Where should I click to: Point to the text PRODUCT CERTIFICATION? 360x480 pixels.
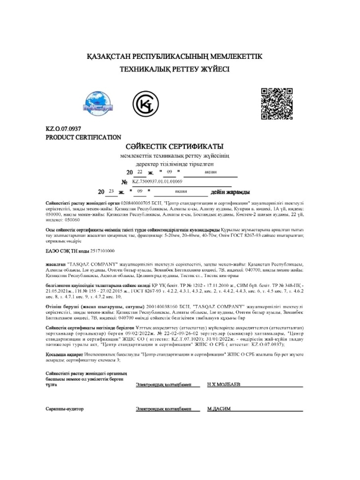(x=83, y=137)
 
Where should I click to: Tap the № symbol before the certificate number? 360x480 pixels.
(x=124, y=182)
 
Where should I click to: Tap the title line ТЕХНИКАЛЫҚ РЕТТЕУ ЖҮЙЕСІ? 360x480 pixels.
(x=175, y=69)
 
